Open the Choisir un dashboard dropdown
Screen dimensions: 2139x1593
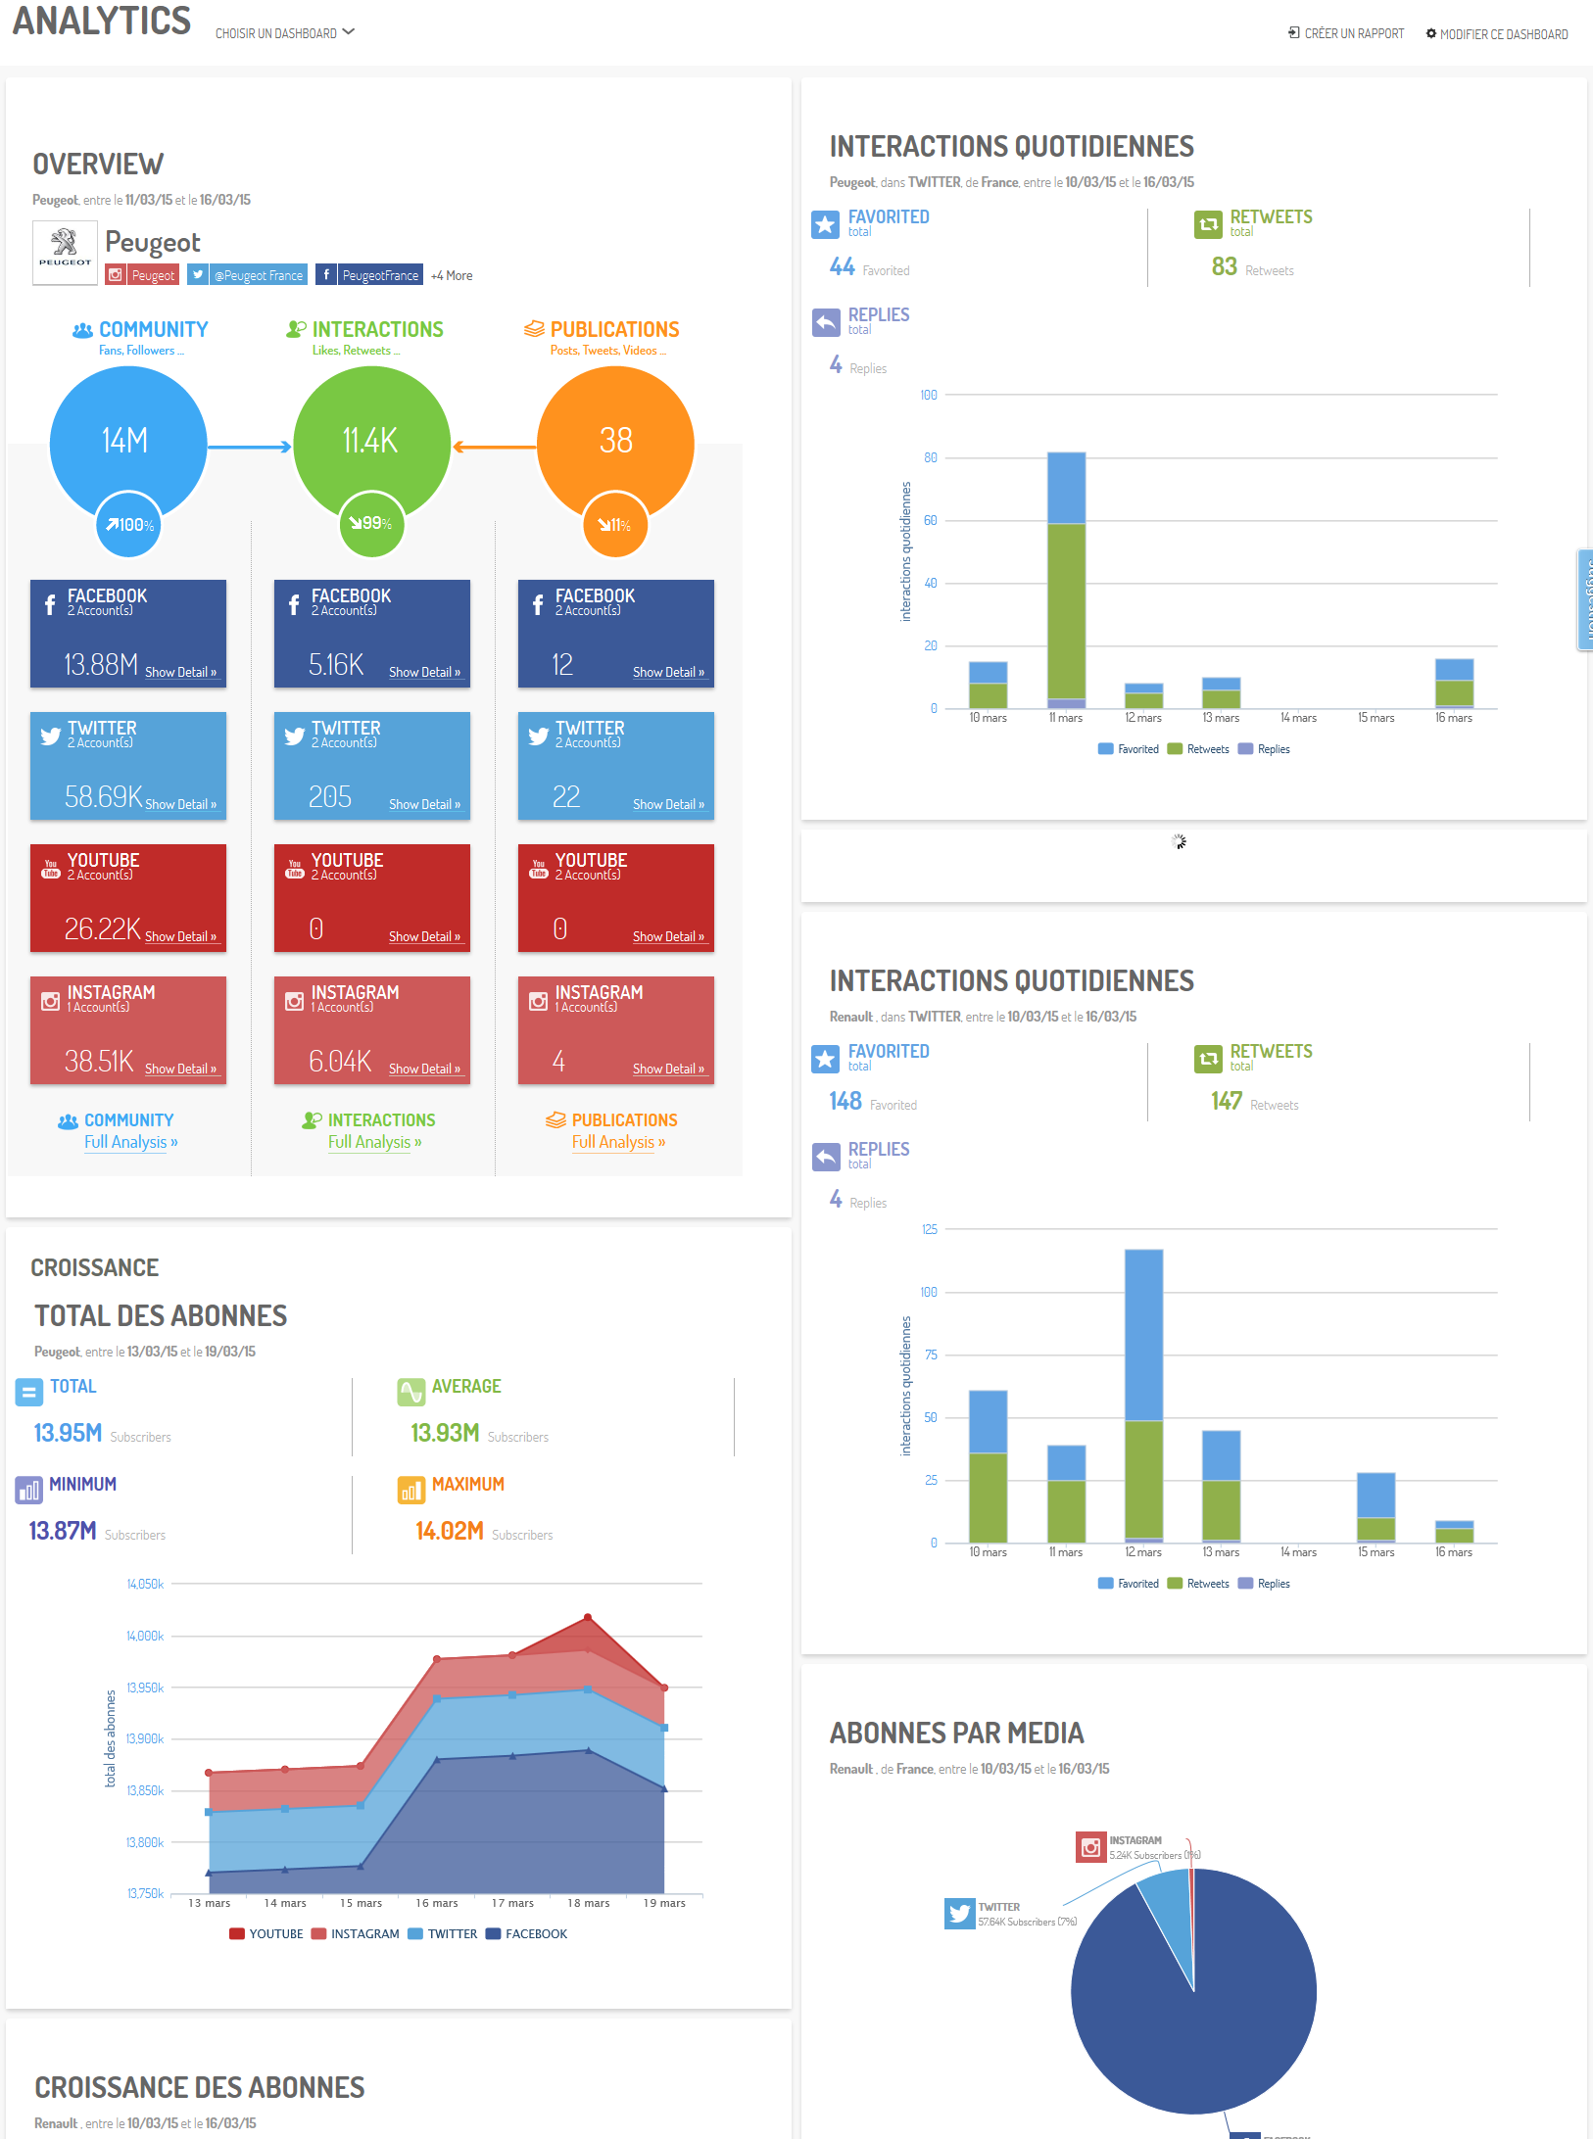(284, 33)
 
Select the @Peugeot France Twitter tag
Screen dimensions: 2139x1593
(248, 275)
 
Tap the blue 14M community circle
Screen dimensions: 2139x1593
(127, 441)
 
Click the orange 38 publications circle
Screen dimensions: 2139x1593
(615, 441)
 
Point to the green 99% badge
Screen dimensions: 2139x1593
(371, 524)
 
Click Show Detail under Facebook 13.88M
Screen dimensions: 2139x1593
(180, 672)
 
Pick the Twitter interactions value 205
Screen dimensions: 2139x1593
(329, 797)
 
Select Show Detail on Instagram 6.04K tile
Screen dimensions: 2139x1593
(424, 1069)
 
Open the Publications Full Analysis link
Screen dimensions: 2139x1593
(618, 1142)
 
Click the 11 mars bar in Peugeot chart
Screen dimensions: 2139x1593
(1066, 588)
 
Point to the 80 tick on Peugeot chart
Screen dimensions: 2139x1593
(930, 457)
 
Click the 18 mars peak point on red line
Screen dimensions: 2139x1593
(588, 1617)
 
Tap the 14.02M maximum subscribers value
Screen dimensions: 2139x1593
(449, 1531)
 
